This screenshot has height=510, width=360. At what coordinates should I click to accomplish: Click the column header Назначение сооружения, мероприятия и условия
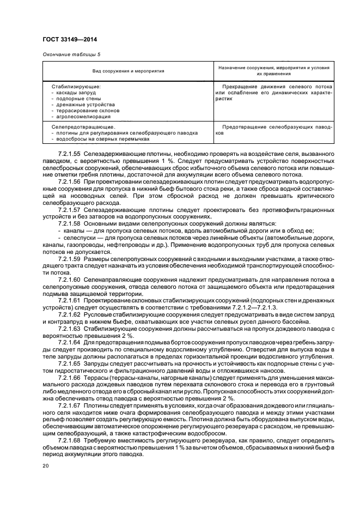pyautogui.click(x=274, y=68)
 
